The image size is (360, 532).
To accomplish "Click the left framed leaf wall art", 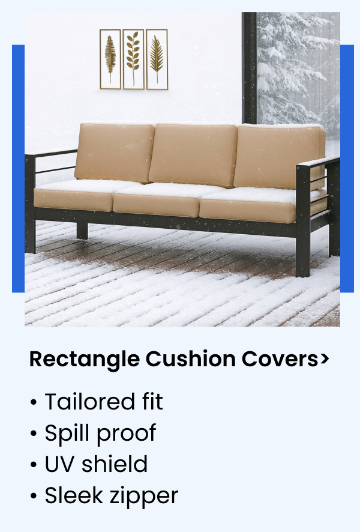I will click(110, 59).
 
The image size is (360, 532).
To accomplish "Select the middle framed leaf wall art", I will click(133, 59).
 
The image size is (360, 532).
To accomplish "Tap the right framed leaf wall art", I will click(157, 59).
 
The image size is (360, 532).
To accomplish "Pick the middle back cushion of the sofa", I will click(192, 155).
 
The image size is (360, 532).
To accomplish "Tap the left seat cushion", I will click(75, 197).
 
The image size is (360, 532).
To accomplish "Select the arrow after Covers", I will click(325, 359).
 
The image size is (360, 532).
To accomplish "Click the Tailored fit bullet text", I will click(103, 402).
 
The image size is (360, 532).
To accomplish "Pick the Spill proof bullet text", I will click(100, 433).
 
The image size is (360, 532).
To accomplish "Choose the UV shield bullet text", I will click(96, 464).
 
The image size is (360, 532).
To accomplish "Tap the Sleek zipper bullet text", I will click(111, 495).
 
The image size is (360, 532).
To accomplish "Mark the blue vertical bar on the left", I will click(18, 168).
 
